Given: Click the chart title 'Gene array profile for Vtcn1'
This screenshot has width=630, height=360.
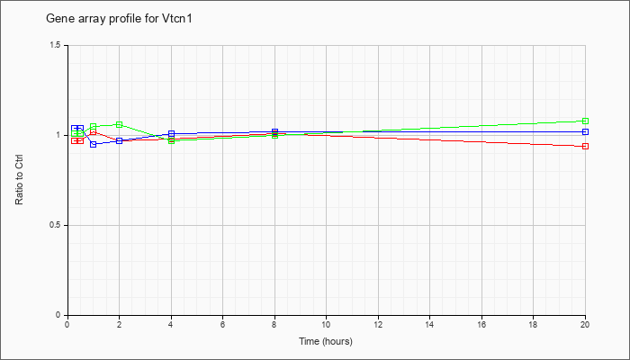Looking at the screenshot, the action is pos(119,19).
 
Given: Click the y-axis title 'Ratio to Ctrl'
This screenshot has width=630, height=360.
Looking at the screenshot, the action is pos(19,180).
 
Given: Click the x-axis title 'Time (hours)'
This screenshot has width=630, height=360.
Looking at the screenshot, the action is pos(326,341).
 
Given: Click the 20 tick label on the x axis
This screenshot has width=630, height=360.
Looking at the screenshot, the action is pos(585,323).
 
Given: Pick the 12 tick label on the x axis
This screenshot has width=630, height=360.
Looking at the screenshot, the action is pos(378,323).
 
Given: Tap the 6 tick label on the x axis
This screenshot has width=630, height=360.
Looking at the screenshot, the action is pos(222,323).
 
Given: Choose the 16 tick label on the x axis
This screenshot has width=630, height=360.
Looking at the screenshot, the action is pos(481,323).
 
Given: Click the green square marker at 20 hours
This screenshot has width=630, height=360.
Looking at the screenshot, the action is pos(585,121).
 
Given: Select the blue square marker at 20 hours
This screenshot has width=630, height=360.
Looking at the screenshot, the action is pos(585,131).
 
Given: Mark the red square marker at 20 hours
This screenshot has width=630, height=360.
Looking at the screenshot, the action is pos(585,146).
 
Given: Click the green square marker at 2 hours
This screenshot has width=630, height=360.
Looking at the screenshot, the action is pos(120,124).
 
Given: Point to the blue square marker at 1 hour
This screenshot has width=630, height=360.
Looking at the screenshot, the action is pos(94,144).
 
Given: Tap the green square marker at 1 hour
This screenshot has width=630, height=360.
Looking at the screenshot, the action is pos(94,126).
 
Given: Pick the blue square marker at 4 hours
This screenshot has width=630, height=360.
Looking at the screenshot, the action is pos(172,133).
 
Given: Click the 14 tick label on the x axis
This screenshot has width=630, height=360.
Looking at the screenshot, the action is pos(429,323).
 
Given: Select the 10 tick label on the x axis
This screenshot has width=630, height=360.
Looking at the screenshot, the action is pos(326,323).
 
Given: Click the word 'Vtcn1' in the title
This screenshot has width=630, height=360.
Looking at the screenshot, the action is pos(178,19).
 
